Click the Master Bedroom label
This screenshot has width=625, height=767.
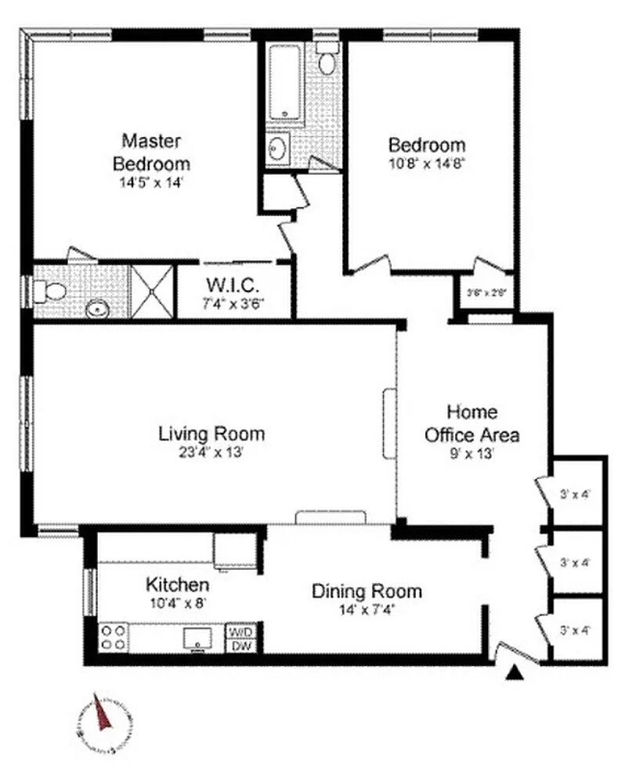coord(151,152)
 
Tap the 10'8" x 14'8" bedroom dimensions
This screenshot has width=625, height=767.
coord(427,165)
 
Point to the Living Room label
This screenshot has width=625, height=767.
coord(211,434)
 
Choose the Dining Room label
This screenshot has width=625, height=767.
coord(367,591)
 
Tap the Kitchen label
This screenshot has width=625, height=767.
coord(178,585)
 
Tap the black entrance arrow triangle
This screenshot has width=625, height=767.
coord(514,672)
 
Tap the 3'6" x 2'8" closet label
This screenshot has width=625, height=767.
coord(486,293)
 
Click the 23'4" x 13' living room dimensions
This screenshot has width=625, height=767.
coord(211,452)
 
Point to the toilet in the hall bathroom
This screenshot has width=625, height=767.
coord(327,59)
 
